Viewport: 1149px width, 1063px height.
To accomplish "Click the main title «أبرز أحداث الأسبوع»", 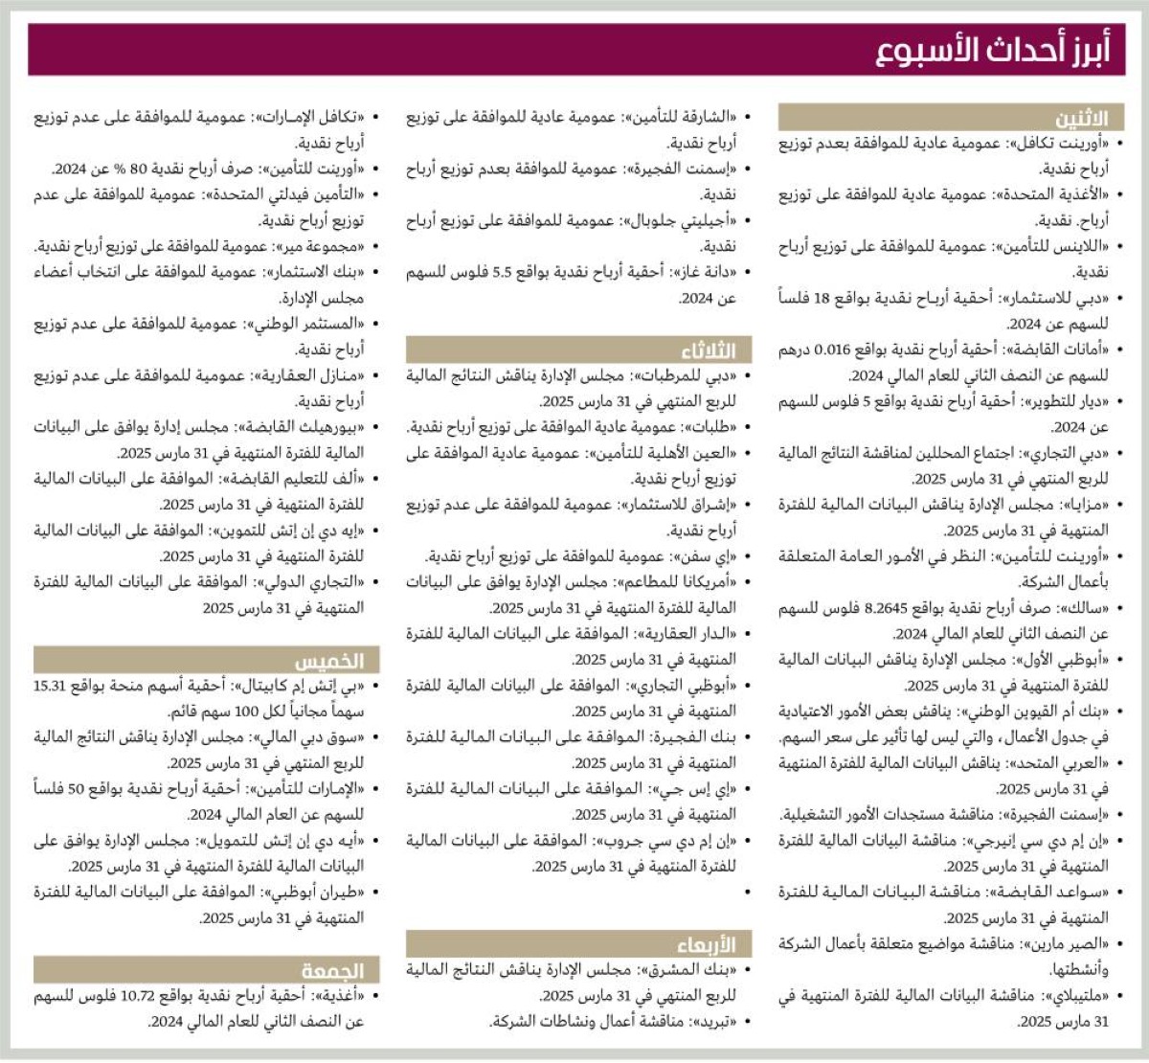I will tap(992, 50).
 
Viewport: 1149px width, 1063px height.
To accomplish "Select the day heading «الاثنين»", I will tap(1081, 119).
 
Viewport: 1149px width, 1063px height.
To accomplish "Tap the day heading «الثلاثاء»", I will tap(708, 350).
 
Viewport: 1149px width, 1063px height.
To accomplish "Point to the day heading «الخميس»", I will tap(329, 661).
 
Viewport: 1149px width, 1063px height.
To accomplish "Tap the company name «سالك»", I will tap(1091, 608).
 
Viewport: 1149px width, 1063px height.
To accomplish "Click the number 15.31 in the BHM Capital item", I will tap(50, 686).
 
